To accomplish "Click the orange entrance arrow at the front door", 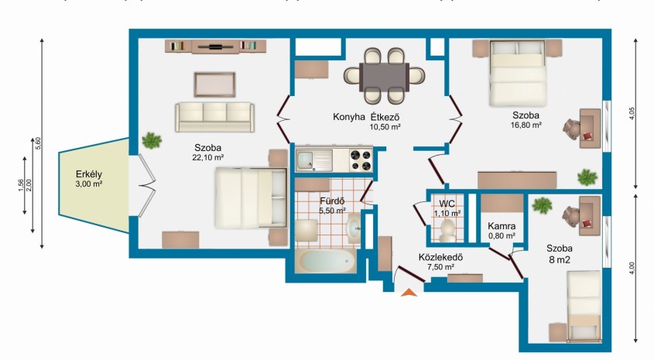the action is pyautogui.click(x=409, y=293).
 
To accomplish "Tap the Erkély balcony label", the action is pyautogui.click(x=89, y=174).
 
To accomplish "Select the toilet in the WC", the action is pyautogui.click(x=447, y=231).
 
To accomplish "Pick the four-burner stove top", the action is pyautogui.click(x=361, y=160).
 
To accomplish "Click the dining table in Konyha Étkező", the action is pyautogui.click(x=384, y=77).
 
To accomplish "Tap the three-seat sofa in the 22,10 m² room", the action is pyautogui.click(x=214, y=117).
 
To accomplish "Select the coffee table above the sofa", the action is pyautogui.click(x=214, y=84).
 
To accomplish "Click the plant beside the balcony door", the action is pyautogui.click(x=152, y=141).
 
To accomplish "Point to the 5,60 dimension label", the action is pyautogui.click(x=39, y=143).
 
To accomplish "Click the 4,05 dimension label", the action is pyautogui.click(x=632, y=114).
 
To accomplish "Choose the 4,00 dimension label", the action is pyautogui.click(x=632, y=268).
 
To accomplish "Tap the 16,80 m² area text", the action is pyautogui.click(x=526, y=125).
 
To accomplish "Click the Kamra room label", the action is pyautogui.click(x=502, y=226).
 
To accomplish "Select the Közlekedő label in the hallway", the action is pyautogui.click(x=440, y=257).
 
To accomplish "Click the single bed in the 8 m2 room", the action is pyautogui.click(x=584, y=305).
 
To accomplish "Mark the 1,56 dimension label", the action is pyautogui.click(x=21, y=186).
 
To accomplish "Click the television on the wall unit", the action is pyautogui.click(x=216, y=46).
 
